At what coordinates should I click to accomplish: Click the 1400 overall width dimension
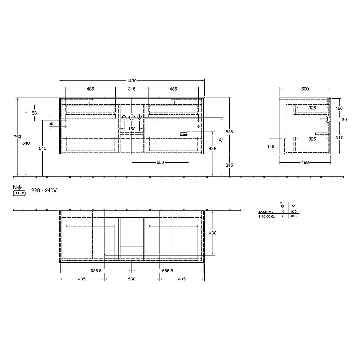click(x=132, y=81)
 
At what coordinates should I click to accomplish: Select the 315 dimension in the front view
click(x=132, y=89)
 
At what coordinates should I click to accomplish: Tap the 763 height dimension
click(x=18, y=137)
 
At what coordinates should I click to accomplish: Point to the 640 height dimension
click(x=26, y=143)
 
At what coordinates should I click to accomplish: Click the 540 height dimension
click(x=43, y=148)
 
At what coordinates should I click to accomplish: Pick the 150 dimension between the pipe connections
click(x=132, y=129)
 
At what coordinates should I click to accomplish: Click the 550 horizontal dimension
click(x=160, y=163)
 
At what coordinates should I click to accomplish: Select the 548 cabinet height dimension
click(x=229, y=132)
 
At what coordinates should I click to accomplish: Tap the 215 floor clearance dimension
click(x=229, y=165)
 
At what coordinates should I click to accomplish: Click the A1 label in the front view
click(x=221, y=140)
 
